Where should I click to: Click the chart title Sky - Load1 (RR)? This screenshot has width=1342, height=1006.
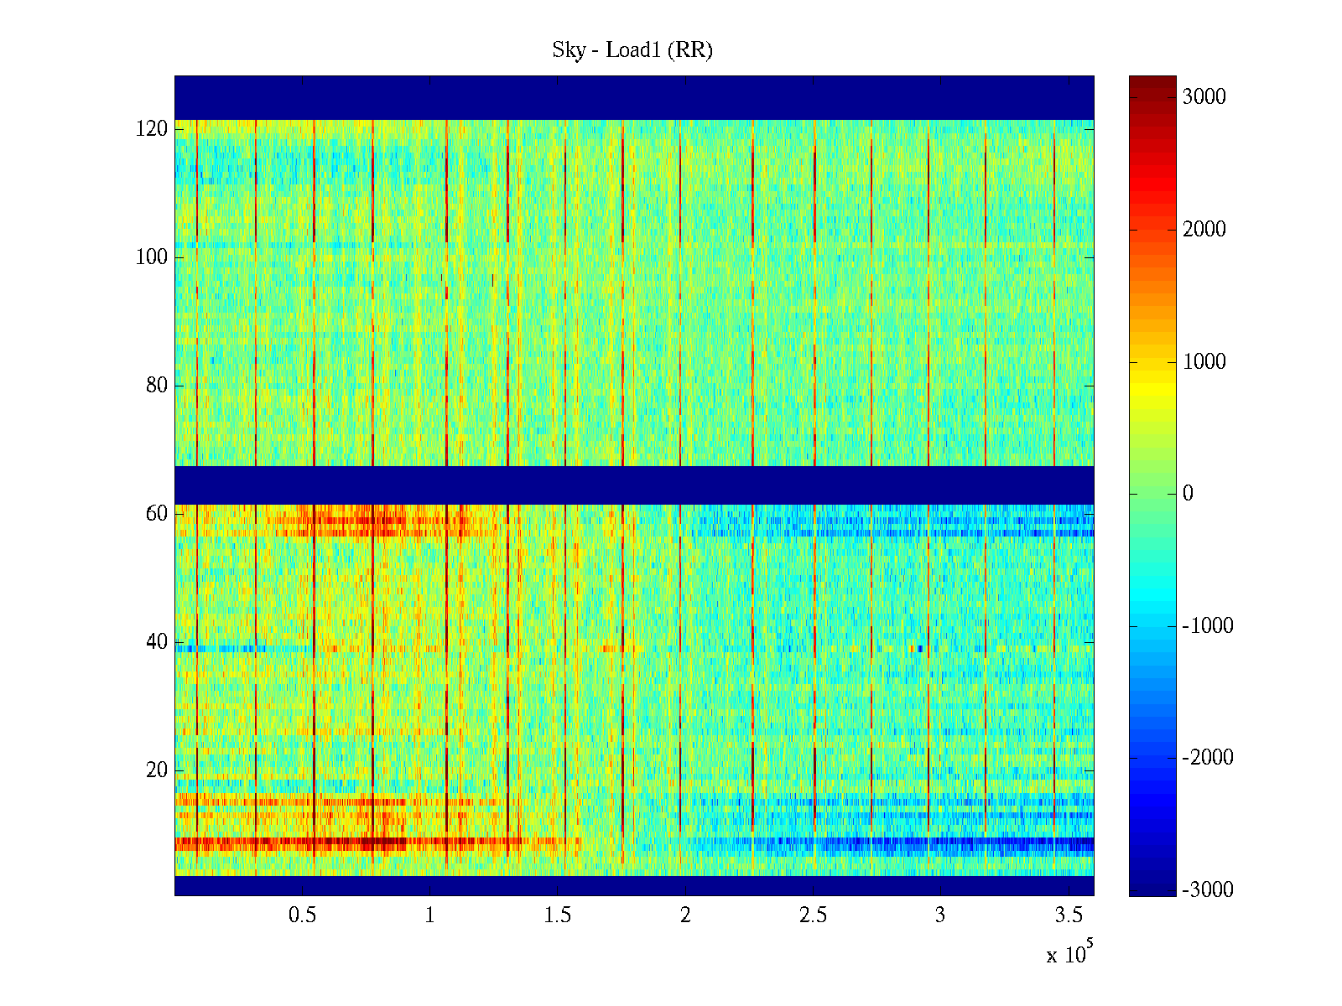(632, 50)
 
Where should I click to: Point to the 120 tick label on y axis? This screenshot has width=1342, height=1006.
(152, 129)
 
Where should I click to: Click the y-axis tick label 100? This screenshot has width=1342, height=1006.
(152, 257)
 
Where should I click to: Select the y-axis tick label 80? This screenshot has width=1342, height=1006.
(157, 386)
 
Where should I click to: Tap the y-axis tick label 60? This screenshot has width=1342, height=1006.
(157, 514)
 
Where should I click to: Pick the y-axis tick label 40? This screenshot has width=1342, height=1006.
(157, 642)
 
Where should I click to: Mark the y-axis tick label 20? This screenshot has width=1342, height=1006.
(157, 770)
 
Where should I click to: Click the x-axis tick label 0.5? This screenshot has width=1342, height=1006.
(303, 915)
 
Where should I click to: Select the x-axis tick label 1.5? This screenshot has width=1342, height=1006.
(558, 915)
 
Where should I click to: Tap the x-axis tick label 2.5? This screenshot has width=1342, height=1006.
(813, 915)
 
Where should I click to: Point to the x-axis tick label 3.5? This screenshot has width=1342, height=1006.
(1068, 915)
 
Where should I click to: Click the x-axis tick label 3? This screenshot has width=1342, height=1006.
(940, 915)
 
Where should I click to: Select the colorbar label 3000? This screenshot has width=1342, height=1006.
(1204, 97)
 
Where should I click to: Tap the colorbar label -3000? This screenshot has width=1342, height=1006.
(1207, 890)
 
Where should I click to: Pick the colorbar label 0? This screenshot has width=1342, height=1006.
(1188, 494)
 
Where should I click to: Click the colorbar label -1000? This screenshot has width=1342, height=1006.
(1207, 626)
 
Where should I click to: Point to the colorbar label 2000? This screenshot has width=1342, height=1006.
(1204, 230)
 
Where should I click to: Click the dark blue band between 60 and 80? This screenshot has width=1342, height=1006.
(634, 485)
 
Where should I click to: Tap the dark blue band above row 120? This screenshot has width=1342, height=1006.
(634, 97)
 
